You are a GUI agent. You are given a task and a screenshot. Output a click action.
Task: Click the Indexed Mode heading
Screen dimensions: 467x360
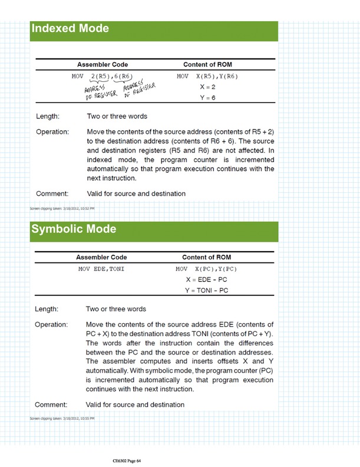[x=70, y=28]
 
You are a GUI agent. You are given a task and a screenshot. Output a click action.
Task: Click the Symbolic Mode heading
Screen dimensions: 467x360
[x=73, y=229]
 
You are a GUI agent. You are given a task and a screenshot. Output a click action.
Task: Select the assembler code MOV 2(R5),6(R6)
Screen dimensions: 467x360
[x=102, y=77]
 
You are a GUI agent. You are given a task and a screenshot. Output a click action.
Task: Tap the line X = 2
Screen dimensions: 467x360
[x=206, y=87]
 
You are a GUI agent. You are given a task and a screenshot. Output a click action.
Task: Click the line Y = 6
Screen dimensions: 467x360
[x=206, y=97]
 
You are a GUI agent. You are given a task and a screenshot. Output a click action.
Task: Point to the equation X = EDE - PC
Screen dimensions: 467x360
[x=206, y=279]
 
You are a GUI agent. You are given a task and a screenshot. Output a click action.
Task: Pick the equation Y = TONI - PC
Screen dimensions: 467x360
[x=206, y=290]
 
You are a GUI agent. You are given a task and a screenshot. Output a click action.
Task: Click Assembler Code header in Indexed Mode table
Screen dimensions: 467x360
[x=103, y=64]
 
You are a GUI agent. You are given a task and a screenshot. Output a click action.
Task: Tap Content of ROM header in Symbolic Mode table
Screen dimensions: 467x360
[x=206, y=257]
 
